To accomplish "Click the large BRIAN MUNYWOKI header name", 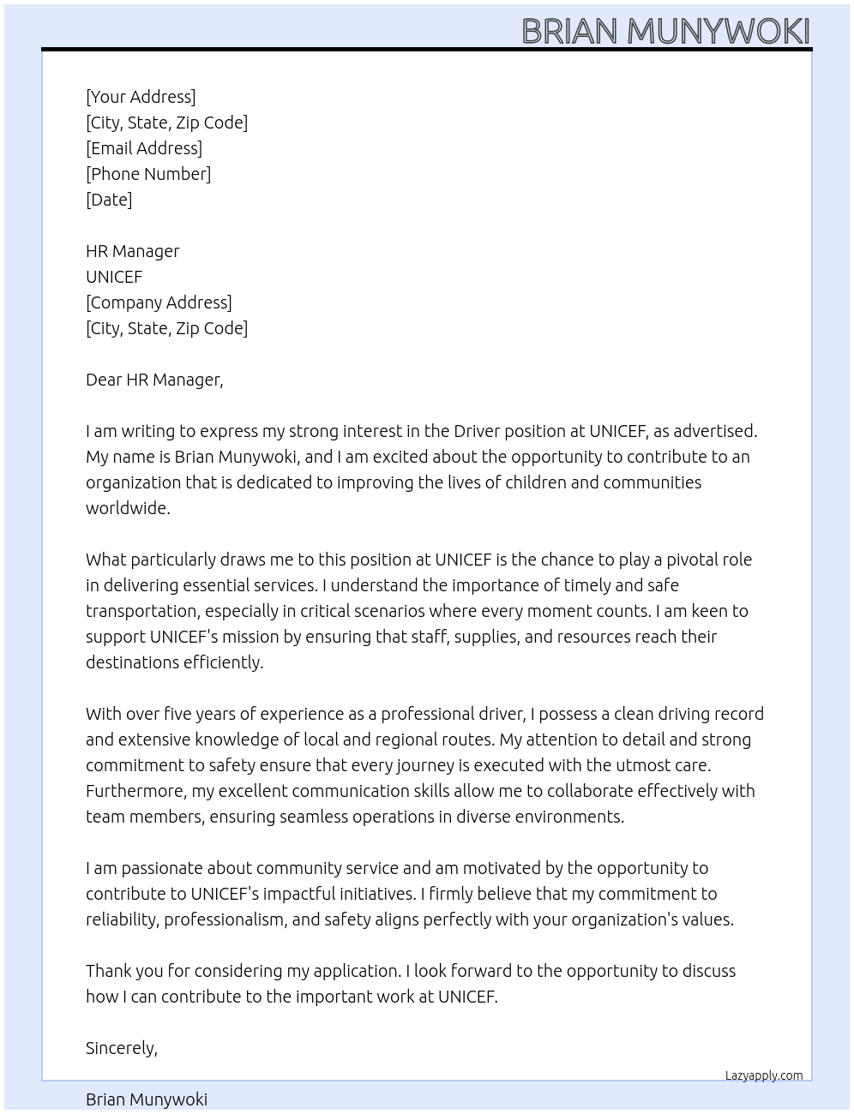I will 665,31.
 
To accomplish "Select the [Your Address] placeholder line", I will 141,97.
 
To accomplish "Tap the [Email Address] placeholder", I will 144,148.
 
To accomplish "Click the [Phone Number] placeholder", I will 148,174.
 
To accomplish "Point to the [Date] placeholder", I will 109,200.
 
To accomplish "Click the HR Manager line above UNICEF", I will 133,251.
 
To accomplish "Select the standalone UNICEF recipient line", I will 114,277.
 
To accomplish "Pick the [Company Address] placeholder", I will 159,302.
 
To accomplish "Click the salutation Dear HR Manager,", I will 154,380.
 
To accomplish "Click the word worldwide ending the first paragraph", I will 127,508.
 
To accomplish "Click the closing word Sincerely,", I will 122,1048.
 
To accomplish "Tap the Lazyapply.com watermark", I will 764,1075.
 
